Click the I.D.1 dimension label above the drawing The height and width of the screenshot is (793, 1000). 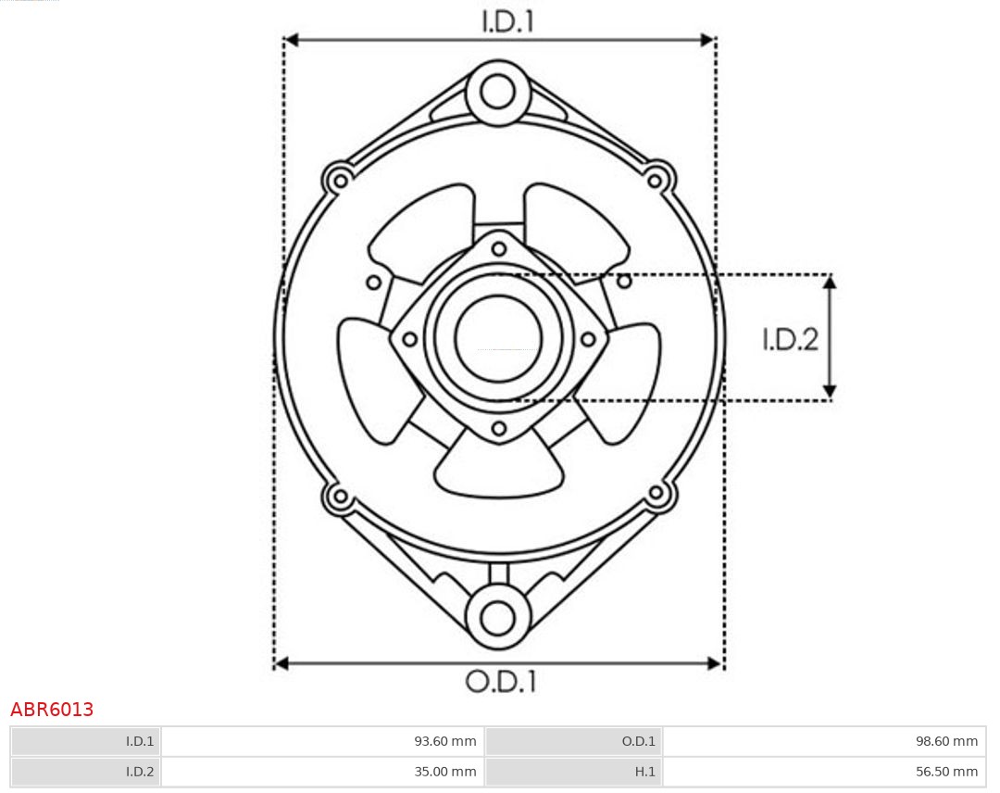[507, 21]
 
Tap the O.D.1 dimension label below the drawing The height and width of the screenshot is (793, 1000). [501, 681]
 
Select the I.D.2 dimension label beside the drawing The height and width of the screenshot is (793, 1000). [790, 339]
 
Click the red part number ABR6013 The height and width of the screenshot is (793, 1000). [52, 710]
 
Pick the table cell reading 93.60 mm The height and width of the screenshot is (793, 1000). [322, 741]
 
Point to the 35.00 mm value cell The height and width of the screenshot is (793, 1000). [322, 772]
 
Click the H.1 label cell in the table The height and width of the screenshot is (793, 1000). [573, 772]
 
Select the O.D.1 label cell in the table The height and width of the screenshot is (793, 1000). [573, 741]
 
